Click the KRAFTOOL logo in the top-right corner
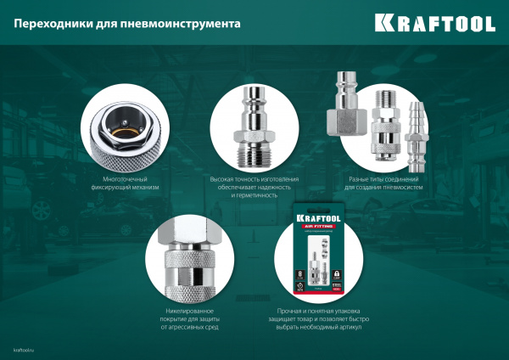tap(445, 23)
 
